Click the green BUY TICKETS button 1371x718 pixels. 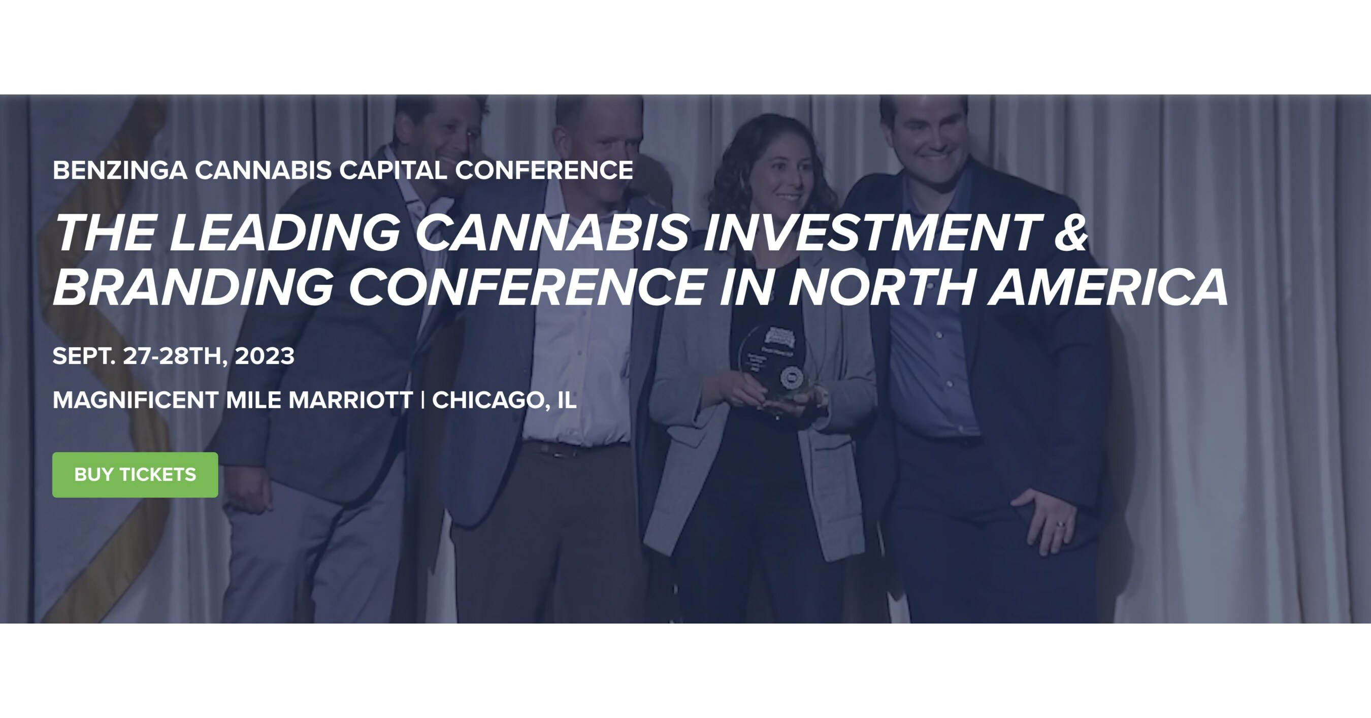[x=135, y=475]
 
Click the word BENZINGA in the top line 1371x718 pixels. [x=120, y=170]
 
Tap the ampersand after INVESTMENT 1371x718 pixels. [x=1071, y=233]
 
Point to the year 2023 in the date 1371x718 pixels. [x=265, y=356]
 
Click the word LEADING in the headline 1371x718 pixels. [x=284, y=233]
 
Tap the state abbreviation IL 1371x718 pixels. [x=566, y=400]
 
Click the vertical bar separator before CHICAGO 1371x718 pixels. [x=422, y=400]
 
